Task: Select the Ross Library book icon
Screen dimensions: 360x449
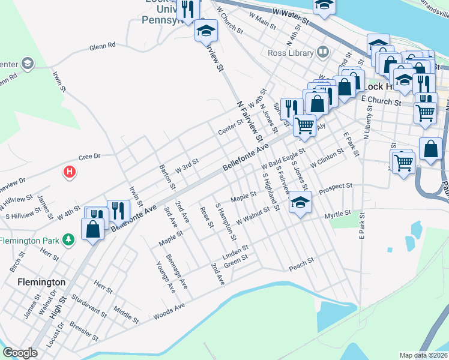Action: (x=324, y=52)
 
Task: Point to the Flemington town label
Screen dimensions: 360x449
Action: (x=41, y=281)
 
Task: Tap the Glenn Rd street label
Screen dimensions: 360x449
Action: (x=102, y=46)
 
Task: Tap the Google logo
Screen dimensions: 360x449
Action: (x=20, y=353)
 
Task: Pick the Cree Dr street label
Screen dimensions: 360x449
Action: (x=88, y=157)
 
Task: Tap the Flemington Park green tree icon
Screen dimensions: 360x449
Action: (x=69, y=240)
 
